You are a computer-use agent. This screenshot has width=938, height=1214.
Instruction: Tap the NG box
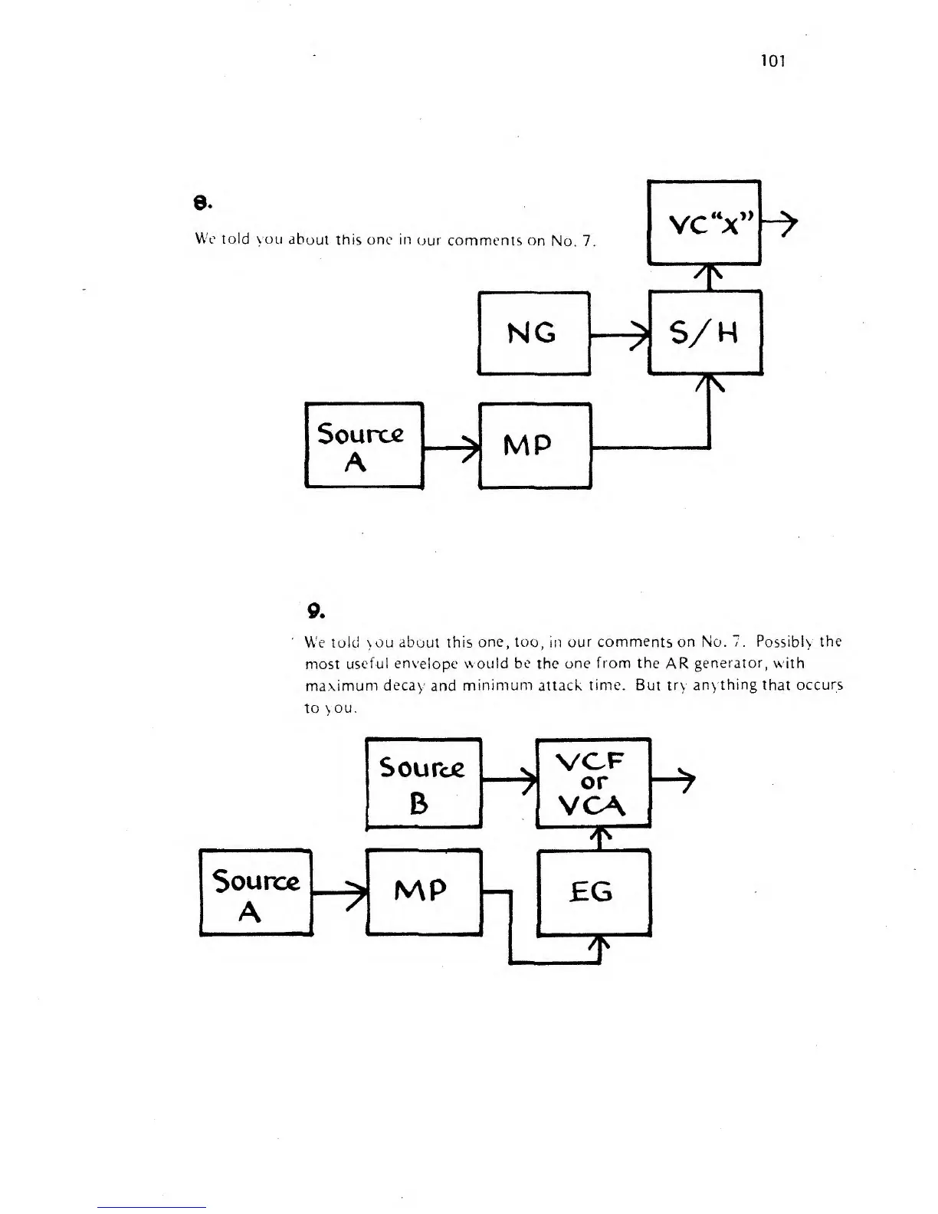click(x=533, y=333)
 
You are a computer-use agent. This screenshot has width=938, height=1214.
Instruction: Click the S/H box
click(x=704, y=333)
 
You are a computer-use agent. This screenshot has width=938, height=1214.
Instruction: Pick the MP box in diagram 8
click(x=535, y=445)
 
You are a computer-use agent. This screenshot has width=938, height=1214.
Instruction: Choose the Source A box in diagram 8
click(x=363, y=445)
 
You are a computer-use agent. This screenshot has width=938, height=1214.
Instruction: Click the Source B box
click(x=423, y=783)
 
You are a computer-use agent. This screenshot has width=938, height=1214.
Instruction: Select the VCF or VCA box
click(x=592, y=783)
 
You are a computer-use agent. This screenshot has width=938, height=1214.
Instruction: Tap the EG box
click(x=594, y=892)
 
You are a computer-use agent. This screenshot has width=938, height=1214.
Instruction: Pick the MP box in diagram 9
click(x=424, y=891)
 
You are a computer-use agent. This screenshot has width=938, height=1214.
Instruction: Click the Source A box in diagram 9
click(x=256, y=892)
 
